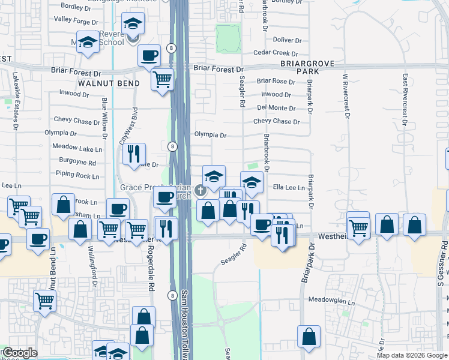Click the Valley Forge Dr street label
(x=75, y=20)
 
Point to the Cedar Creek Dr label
(x=276, y=53)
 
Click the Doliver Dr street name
(x=287, y=40)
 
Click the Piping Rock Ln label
(x=78, y=176)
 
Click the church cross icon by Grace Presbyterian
(x=199, y=190)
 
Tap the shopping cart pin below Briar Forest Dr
(x=162, y=79)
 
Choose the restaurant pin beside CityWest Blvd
(x=133, y=153)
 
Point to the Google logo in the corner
(x=20, y=353)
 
